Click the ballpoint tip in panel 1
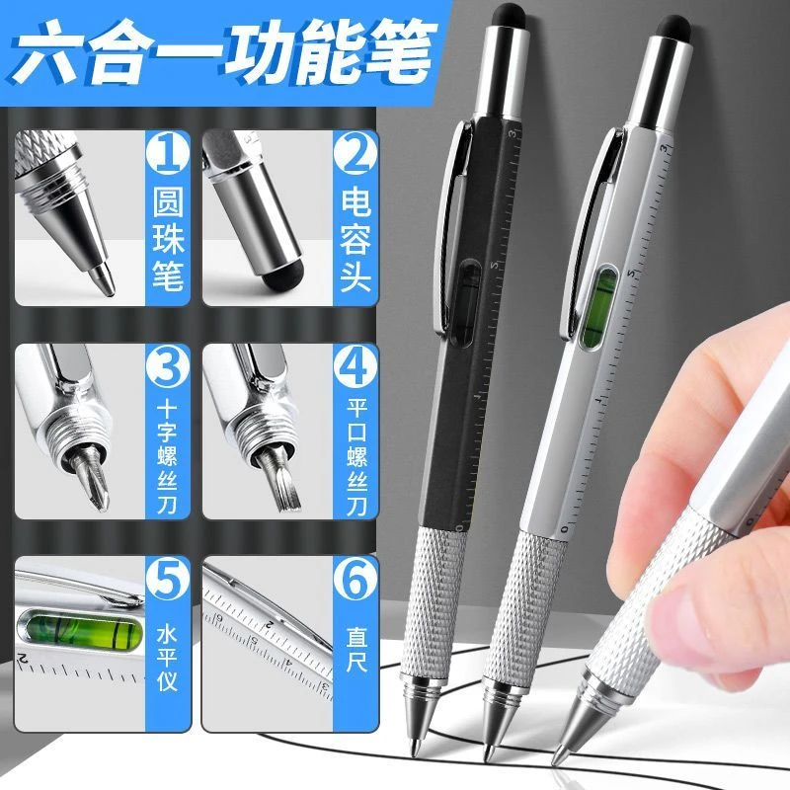tap(103, 279)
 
